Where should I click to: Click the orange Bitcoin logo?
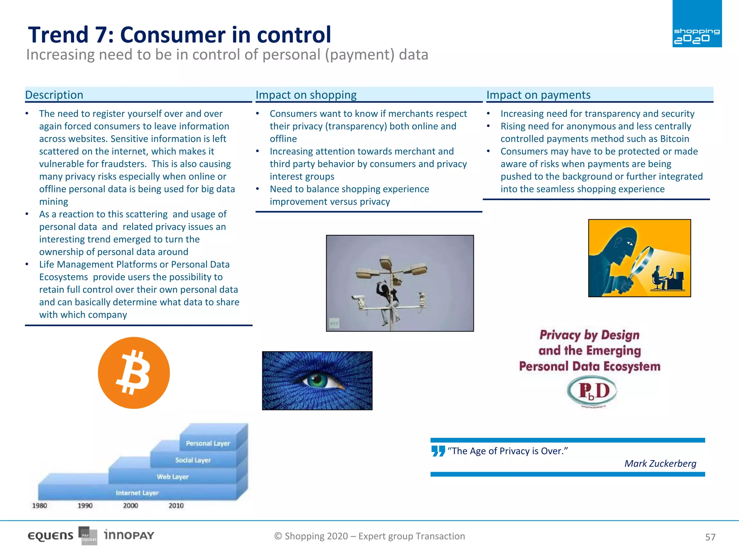(x=134, y=373)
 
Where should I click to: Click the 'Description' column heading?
(x=54, y=95)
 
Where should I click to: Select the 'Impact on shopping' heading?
(x=306, y=95)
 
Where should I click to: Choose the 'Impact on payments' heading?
(x=538, y=95)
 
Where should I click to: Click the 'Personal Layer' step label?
(x=208, y=443)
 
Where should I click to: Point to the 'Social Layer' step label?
(x=193, y=460)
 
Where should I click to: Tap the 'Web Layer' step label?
(x=172, y=476)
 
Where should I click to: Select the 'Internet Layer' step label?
(x=137, y=493)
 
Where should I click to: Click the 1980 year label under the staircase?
(x=40, y=505)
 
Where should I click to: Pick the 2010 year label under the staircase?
(x=176, y=505)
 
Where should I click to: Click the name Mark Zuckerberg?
(x=660, y=463)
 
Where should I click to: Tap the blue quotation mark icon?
(x=438, y=451)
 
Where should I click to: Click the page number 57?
(x=710, y=537)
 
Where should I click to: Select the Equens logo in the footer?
(x=51, y=536)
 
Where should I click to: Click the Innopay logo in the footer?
(x=129, y=535)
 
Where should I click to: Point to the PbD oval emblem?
(x=592, y=391)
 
